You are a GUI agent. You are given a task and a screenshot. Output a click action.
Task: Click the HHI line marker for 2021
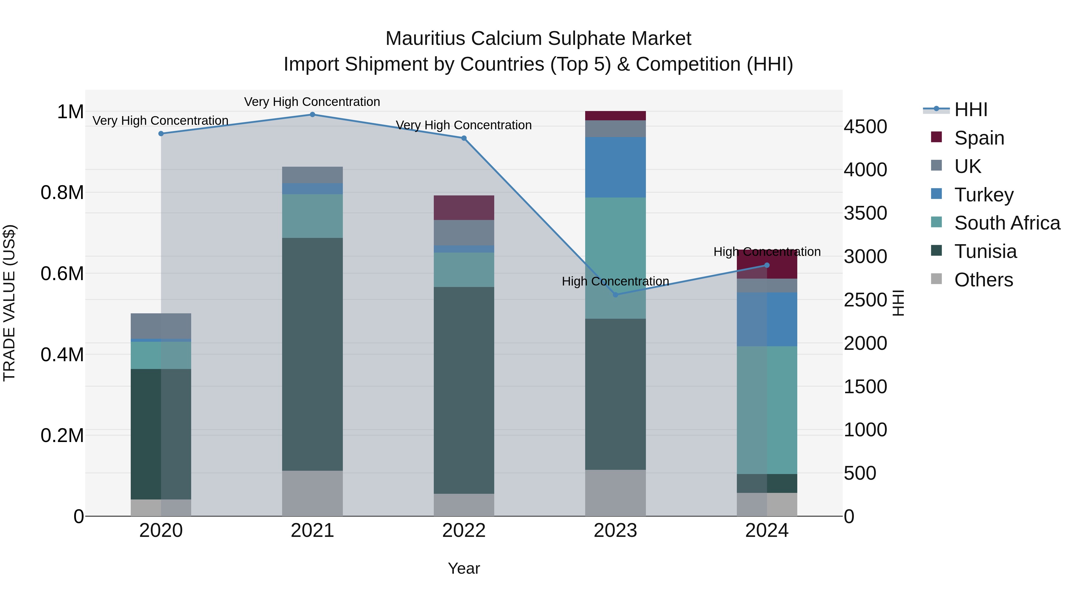(312, 115)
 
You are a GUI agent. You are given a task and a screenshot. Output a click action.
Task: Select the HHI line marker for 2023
(615, 295)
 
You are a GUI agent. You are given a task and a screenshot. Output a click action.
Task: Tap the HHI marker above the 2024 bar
(767, 265)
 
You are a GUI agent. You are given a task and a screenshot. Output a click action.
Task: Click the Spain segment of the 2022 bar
(464, 208)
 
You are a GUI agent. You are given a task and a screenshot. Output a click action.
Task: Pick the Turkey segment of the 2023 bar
(615, 167)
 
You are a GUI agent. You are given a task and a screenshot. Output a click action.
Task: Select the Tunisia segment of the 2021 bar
(312, 354)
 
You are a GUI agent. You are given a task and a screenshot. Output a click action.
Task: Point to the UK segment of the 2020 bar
(161, 326)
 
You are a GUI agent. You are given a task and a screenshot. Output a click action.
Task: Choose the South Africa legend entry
(1007, 223)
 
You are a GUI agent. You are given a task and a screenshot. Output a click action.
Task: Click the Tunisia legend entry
(985, 251)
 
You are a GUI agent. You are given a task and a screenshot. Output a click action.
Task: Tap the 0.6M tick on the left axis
(62, 274)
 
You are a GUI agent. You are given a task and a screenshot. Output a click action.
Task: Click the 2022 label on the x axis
(464, 531)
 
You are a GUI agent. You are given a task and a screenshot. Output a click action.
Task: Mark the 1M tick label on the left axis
(70, 112)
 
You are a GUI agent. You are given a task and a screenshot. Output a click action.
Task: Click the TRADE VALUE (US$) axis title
(9, 303)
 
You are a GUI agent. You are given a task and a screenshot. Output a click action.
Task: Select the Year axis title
(464, 568)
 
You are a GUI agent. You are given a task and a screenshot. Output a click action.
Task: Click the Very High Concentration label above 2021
(312, 102)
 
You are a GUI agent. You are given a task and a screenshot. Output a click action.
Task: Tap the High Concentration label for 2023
(615, 282)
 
